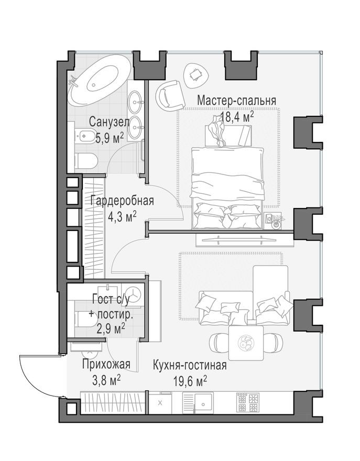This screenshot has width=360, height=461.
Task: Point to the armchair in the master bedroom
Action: click(170, 95)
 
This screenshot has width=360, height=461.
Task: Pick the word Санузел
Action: click(108, 122)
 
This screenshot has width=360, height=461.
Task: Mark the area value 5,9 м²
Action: click(109, 137)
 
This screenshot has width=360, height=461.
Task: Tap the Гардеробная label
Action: click(122, 201)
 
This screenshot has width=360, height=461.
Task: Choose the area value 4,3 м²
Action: click(122, 215)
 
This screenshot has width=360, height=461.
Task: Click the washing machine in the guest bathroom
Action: click(134, 294)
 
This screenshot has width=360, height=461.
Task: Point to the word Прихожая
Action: click(106, 365)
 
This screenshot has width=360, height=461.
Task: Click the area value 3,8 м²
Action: click(106, 380)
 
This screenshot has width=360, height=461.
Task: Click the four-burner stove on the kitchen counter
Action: click(248, 402)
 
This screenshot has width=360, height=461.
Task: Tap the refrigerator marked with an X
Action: click(160, 402)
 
